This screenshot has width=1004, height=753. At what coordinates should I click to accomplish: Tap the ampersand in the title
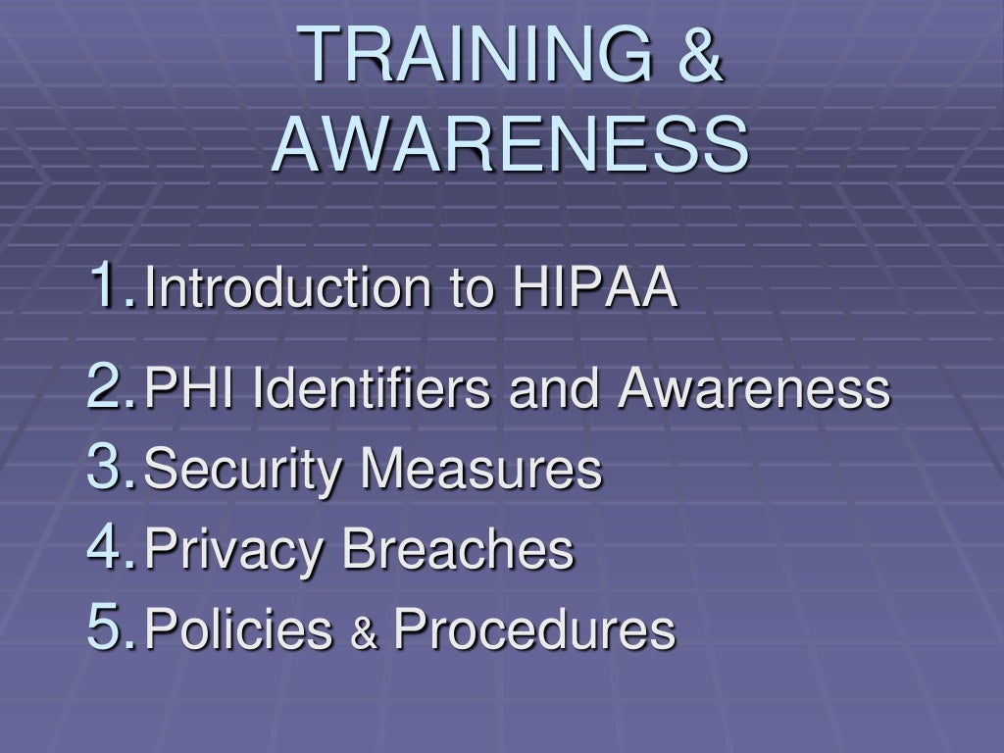[x=699, y=54]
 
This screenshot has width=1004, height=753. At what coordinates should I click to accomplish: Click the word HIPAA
[x=594, y=288]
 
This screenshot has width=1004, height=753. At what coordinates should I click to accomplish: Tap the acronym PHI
[x=192, y=389]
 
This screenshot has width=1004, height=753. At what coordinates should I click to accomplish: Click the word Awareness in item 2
[x=754, y=389]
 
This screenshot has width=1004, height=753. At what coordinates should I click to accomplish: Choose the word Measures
[x=480, y=470]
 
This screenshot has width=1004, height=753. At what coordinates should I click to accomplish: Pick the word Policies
[x=238, y=629]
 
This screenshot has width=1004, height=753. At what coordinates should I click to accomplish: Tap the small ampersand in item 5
[x=364, y=634]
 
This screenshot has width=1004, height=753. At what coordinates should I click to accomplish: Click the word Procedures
[x=534, y=629]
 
